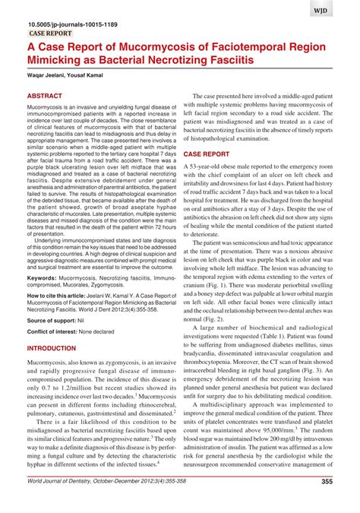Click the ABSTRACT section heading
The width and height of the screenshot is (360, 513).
[x=47, y=98]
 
